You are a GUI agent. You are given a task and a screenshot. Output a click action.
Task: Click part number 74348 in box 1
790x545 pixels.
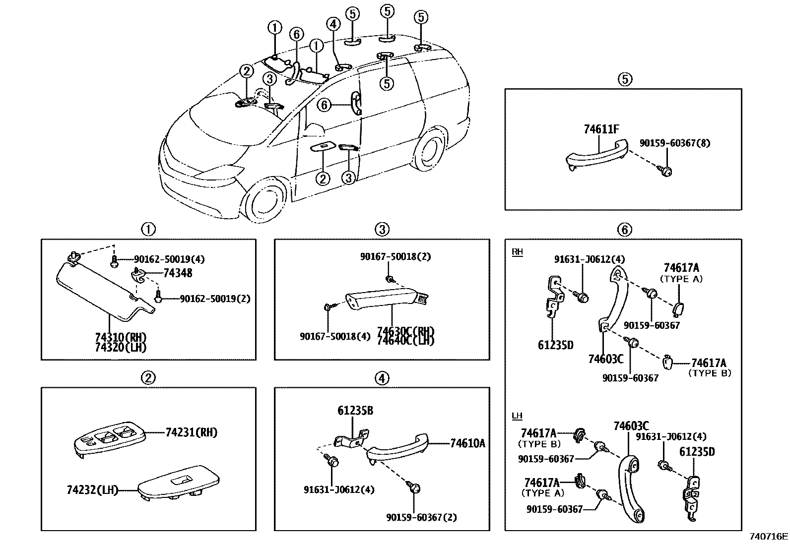click(x=178, y=273)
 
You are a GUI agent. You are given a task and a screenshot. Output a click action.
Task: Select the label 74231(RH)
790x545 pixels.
click(x=192, y=432)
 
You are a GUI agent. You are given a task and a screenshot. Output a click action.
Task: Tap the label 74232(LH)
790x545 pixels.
click(x=92, y=490)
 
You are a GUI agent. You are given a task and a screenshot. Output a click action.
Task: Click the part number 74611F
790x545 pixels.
click(x=601, y=130)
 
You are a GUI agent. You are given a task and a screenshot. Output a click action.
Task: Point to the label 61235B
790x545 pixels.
click(x=355, y=411)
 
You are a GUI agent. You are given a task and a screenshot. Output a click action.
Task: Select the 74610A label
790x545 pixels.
click(x=467, y=443)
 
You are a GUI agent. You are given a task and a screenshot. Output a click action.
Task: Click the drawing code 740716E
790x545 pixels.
click(x=768, y=536)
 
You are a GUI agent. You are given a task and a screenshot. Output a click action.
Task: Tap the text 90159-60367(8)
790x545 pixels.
click(x=674, y=143)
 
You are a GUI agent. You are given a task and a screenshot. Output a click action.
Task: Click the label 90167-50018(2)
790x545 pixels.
click(x=395, y=256)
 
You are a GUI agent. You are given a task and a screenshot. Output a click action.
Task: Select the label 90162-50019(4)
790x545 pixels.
click(x=169, y=259)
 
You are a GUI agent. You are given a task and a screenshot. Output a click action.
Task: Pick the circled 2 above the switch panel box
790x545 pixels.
click(x=148, y=378)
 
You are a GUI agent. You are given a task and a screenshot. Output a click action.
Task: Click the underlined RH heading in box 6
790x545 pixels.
click(x=517, y=252)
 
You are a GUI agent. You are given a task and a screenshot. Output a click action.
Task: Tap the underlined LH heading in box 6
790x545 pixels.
click(x=517, y=415)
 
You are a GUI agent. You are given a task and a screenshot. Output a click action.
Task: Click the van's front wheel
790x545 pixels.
click(x=266, y=204)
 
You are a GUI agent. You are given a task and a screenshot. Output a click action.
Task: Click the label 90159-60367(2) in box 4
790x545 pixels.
click(x=421, y=517)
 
